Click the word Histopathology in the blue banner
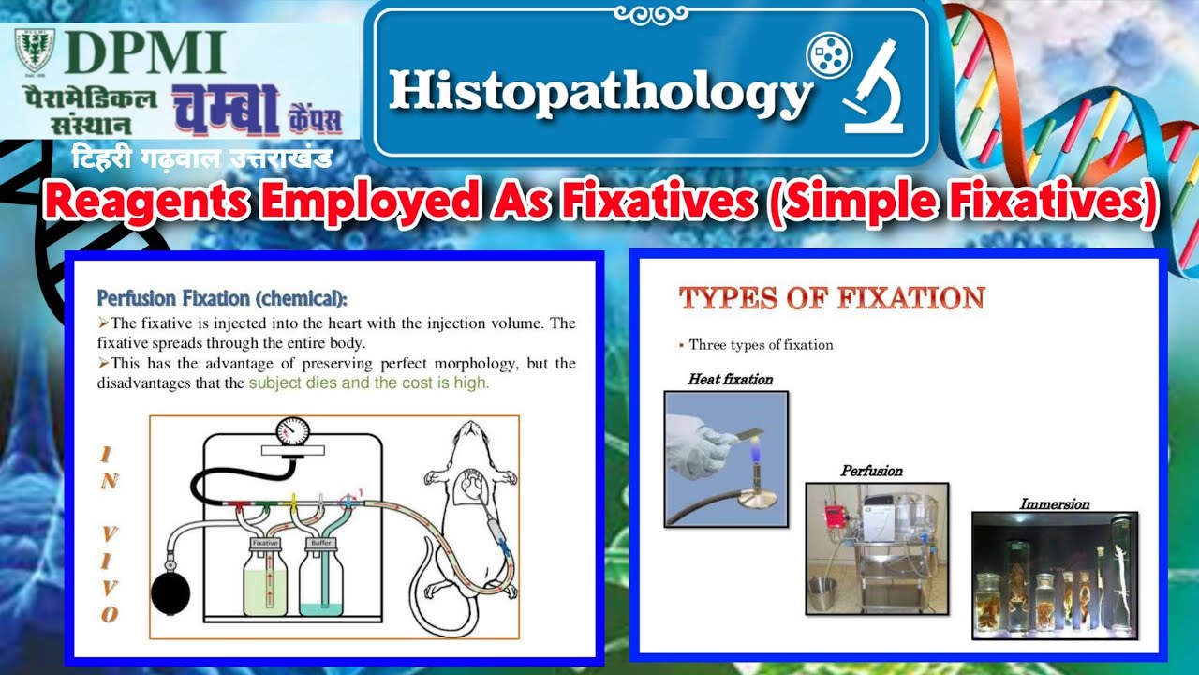(600, 92)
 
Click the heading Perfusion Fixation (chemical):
(222, 299)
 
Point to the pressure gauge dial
(292, 432)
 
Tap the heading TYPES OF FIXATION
(832, 299)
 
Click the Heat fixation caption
(730, 380)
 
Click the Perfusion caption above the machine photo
(871, 471)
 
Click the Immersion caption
(1054, 504)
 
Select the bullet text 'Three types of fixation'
(761, 345)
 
